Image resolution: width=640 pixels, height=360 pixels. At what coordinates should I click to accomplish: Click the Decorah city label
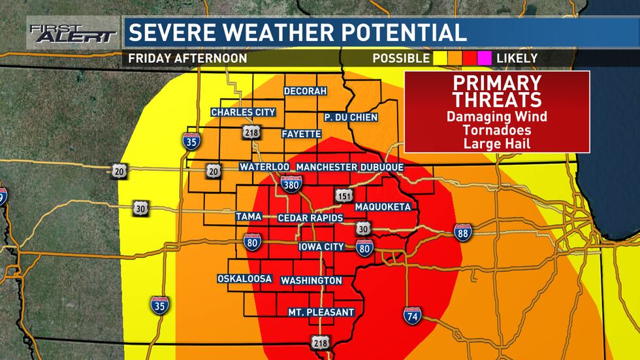305,91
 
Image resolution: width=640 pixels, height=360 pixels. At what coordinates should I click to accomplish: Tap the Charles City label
243,112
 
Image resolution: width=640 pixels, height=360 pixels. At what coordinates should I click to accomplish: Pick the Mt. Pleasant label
321,312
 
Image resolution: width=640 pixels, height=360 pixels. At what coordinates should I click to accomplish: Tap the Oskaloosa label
245,279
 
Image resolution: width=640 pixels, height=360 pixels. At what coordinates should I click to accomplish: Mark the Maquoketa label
383,207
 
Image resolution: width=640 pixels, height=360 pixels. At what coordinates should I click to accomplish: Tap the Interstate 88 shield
463,232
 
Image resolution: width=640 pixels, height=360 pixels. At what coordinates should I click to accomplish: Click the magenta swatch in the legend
484,58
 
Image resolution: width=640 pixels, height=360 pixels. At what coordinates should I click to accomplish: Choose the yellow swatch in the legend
439,58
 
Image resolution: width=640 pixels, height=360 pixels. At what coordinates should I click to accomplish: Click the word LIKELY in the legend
517,58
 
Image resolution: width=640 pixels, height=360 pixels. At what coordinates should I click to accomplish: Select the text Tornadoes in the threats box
498,129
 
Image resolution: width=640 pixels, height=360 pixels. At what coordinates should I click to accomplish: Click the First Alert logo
72,33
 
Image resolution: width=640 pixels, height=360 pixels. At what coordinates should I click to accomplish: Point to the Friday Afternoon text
187,58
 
